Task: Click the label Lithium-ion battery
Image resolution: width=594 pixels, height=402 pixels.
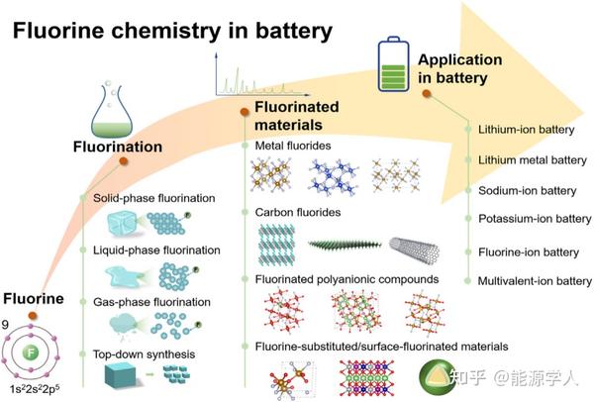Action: point(525,129)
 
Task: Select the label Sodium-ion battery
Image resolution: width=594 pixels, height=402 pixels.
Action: point(526,190)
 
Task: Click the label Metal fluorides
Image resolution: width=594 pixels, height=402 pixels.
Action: point(293,147)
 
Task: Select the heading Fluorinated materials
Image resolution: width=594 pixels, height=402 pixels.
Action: point(297,114)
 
